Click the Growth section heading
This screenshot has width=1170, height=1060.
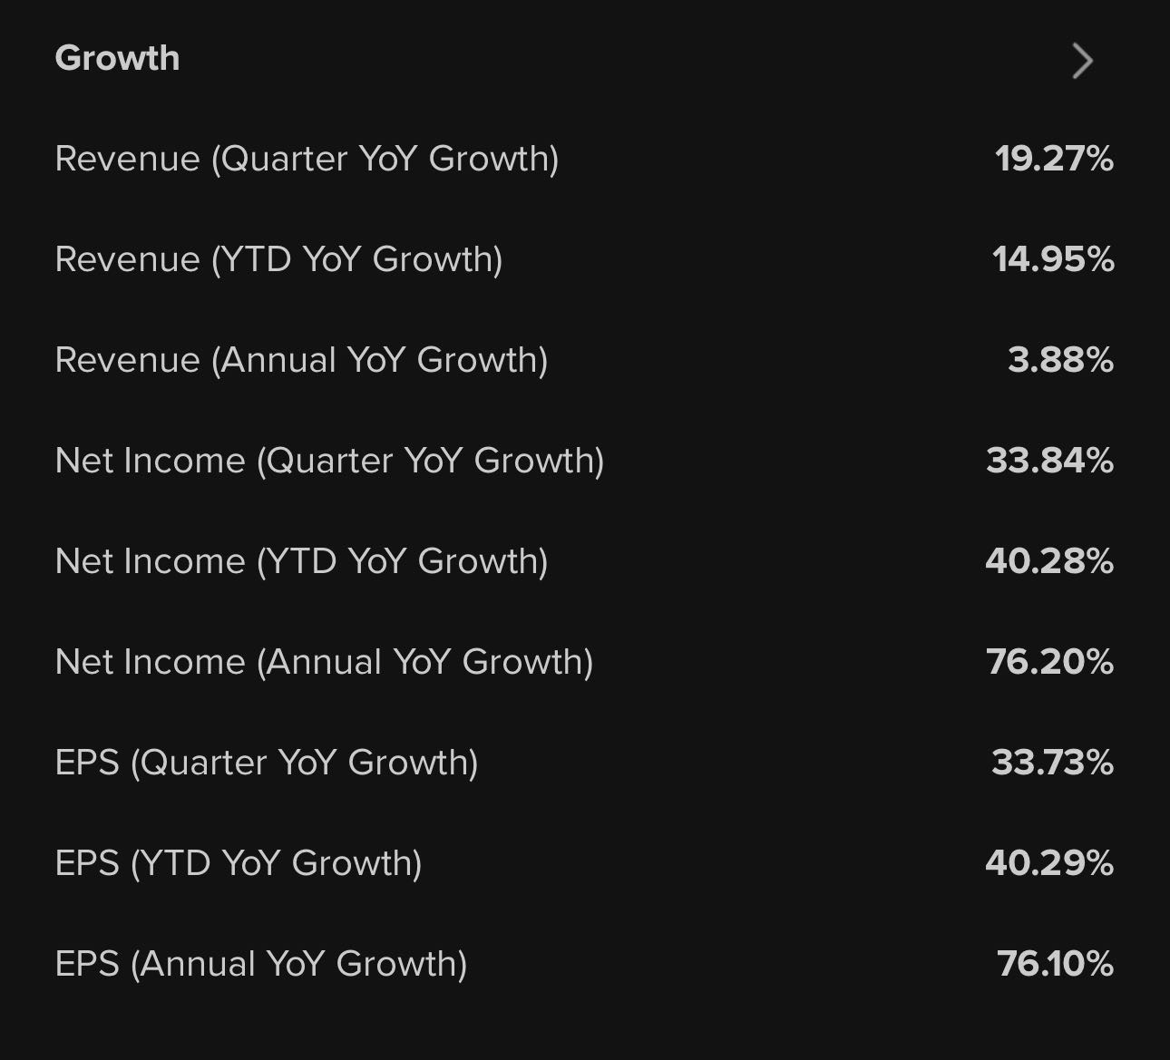click(x=117, y=58)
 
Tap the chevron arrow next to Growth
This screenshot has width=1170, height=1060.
click(x=1082, y=61)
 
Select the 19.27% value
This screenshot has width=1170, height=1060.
click(x=1054, y=159)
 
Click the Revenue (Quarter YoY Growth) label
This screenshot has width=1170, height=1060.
click(x=307, y=159)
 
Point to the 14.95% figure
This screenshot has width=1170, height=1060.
click(x=1053, y=259)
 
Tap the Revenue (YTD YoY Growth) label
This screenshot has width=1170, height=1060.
click(x=278, y=259)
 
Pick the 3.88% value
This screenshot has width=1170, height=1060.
click(x=1060, y=360)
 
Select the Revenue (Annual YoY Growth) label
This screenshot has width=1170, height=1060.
click(x=301, y=360)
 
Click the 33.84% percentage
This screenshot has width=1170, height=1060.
click(x=1049, y=461)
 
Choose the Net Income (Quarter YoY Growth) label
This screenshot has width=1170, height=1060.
click(x=329, y=461)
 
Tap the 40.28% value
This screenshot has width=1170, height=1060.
click(x=1049, y=561)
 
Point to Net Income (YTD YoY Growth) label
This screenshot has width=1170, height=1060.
click(x=301, y=561)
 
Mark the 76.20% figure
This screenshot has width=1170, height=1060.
click(x=1049, y=662)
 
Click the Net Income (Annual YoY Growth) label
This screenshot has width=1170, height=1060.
click(x=324, y=662)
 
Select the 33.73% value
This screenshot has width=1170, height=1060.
click(x=1052, y=763)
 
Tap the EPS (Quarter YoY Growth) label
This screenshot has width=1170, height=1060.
click(x=267, y=763)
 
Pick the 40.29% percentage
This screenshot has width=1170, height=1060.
click(x=1049, y=863)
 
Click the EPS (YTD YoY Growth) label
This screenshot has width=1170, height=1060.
click(x=239, y=863)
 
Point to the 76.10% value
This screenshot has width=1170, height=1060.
click(x=1055, y=964)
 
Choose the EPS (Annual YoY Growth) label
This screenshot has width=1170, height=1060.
click(x=261, y=964)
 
